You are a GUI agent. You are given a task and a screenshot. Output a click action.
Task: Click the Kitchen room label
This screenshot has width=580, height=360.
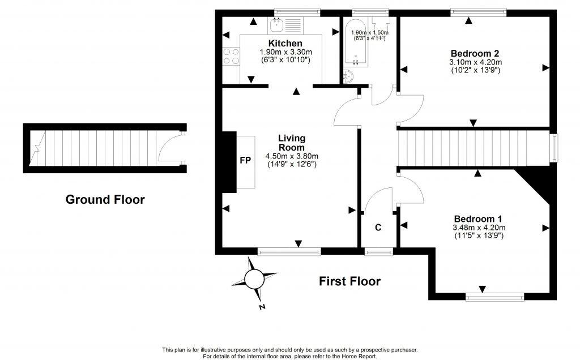(285, 44)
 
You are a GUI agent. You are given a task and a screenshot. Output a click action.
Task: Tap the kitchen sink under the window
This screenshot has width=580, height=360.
(278, 24)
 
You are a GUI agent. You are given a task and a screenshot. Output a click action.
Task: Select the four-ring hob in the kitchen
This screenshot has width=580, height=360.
(231, 55)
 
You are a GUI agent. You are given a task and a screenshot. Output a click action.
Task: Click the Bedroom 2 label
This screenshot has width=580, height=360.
(475, 54)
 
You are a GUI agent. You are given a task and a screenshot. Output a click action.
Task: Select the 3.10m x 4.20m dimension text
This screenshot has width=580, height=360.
(475, 62)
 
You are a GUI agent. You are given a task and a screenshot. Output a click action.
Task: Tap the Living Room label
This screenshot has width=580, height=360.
(292, 143)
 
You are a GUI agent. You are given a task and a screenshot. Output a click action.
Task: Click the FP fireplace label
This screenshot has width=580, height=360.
(245, 161)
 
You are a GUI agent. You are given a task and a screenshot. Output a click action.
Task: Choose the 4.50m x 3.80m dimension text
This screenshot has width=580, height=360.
(292, 156)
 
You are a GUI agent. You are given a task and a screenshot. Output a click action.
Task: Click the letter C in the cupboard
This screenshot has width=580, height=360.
(378, 228)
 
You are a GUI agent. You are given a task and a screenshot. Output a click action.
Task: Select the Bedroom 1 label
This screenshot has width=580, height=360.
(477, 219)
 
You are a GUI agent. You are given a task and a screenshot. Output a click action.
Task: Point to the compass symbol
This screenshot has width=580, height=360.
(253, 279)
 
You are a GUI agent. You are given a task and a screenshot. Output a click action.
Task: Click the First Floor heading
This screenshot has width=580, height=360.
(349, 281)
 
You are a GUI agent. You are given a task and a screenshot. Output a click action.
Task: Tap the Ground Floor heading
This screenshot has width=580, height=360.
(105, 199)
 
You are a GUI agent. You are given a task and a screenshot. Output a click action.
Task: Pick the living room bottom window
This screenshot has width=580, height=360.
(289, 251)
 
